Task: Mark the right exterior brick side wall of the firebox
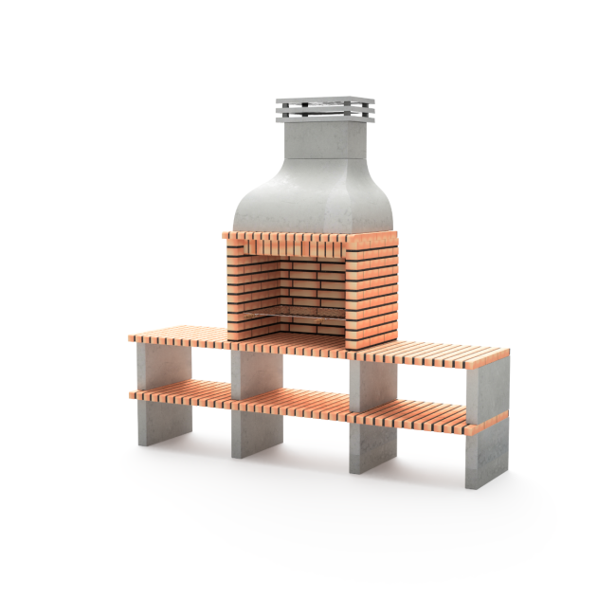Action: click(371, 289)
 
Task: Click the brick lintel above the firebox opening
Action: click(284, 242)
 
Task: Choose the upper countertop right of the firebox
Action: click(431, 356)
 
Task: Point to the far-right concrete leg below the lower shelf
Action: click(486, 455)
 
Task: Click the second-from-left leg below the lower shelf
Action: click(257, 434)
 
